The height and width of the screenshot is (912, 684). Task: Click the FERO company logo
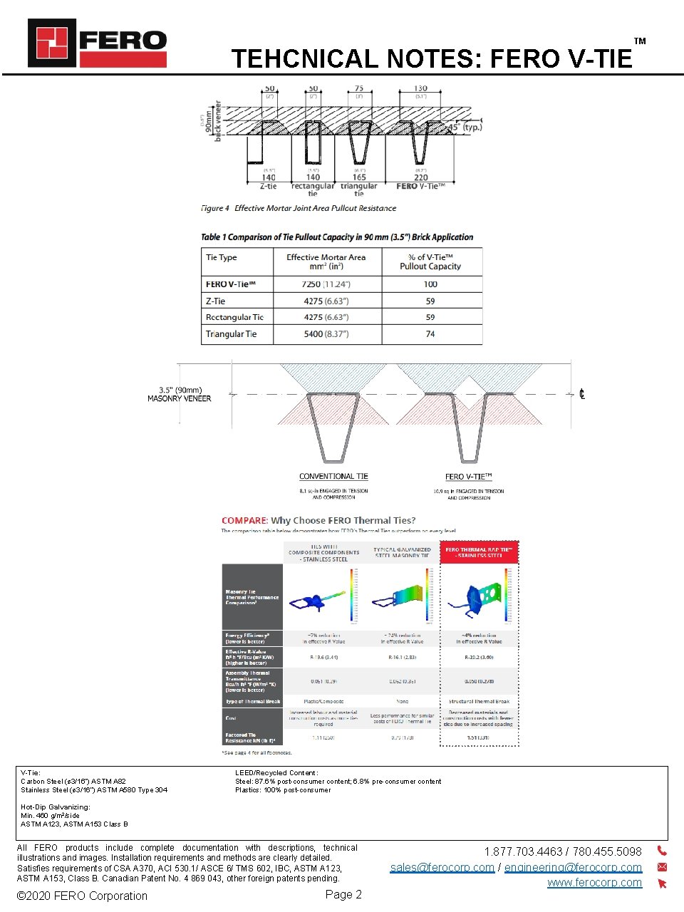[97, 43]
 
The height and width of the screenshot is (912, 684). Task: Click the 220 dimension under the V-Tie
[421, 177]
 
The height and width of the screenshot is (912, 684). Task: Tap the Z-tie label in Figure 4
[269, 186]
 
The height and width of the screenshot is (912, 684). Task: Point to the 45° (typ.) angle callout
[464, 128]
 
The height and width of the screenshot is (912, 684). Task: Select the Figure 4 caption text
[299, 208]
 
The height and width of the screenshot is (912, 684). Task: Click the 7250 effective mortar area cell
[326, 284]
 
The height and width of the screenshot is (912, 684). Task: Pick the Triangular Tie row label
[231, 334]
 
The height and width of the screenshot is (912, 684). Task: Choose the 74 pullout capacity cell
[430, 334]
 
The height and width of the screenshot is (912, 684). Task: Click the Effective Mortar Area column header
[326, 261]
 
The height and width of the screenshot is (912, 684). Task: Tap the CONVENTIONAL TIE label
[333, 477]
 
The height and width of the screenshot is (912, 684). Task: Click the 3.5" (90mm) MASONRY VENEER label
[180, 395]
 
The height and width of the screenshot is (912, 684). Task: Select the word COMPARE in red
[244, 521]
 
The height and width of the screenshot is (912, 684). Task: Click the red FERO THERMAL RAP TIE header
[479, 552]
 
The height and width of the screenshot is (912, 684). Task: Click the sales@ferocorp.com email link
[442, 868]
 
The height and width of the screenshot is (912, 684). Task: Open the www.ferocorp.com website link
[594, 883]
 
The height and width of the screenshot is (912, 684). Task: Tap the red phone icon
[662, 851]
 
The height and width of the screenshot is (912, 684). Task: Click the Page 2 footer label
[343, 895]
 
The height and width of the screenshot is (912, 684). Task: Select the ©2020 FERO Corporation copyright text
[82, 896]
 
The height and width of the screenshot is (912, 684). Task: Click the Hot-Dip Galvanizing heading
[56, 807]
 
